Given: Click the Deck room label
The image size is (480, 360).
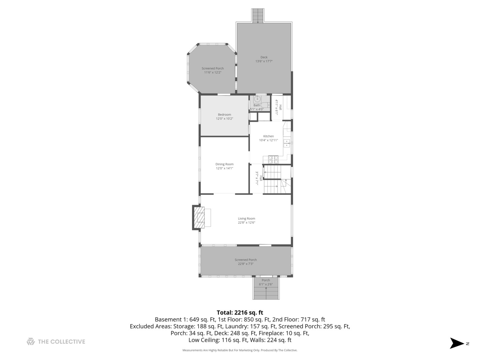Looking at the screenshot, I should coord(264,57).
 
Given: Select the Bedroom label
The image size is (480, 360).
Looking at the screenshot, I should coord(224,115).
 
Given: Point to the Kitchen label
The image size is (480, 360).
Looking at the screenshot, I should coord(268,136).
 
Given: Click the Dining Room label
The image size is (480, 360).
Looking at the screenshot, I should coord(224,164).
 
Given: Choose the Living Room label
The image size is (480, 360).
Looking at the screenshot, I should coord(246,219).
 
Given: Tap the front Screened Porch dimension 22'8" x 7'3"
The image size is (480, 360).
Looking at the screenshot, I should coord(246,264).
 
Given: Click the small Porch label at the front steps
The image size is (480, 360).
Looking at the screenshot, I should coord(266,280).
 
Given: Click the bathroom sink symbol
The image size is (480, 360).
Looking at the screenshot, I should coord(257,99).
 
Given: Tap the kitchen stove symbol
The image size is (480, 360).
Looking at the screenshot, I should coord(273,159).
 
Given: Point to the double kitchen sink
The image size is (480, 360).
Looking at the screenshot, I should coord(286,143).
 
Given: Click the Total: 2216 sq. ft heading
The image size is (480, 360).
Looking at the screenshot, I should coord(240,313).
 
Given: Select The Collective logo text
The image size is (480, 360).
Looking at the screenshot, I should coord(61,342).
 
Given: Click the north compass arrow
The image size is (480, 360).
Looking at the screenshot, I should coord(457,343).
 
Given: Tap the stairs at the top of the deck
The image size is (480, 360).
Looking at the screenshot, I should coord(258,16).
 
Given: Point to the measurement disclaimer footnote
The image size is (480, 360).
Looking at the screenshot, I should coord(240,350).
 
